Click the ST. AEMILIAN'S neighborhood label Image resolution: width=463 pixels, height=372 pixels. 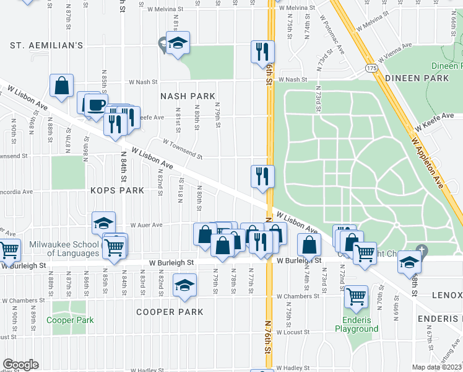46,45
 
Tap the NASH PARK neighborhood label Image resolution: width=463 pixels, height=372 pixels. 188,96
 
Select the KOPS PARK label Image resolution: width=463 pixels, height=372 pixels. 118,190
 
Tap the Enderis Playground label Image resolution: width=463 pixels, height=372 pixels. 357,324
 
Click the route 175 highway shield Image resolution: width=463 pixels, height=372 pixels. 371,67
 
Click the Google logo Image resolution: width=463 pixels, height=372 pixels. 20,365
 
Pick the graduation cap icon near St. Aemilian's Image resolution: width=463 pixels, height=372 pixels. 178,43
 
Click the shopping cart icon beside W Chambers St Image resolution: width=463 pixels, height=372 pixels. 355,296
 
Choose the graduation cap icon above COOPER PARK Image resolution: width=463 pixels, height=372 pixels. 184,285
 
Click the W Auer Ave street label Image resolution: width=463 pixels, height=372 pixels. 145,225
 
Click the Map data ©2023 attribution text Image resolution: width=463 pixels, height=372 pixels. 438,367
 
